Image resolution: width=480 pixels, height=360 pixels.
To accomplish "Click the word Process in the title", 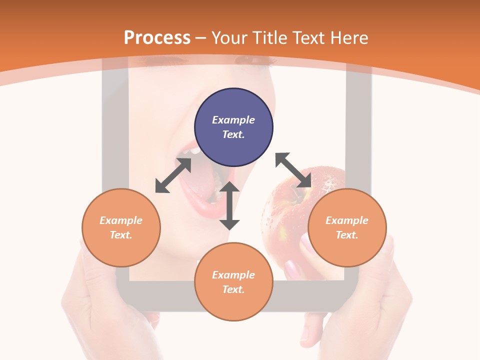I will (157, 38).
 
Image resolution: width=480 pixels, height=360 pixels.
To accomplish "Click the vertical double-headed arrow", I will (229, 205).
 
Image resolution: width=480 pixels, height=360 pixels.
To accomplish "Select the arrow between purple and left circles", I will (173, 175).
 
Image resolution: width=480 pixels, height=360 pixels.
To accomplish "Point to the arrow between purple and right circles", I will (293, 170).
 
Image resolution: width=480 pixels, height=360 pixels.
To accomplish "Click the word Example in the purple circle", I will (233, 120).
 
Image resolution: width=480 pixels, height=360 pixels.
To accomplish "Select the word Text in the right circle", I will (347, 235).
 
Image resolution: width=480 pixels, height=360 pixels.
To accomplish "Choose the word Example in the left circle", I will (121, 220).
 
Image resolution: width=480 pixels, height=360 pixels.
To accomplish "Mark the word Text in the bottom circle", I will (233, 289).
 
